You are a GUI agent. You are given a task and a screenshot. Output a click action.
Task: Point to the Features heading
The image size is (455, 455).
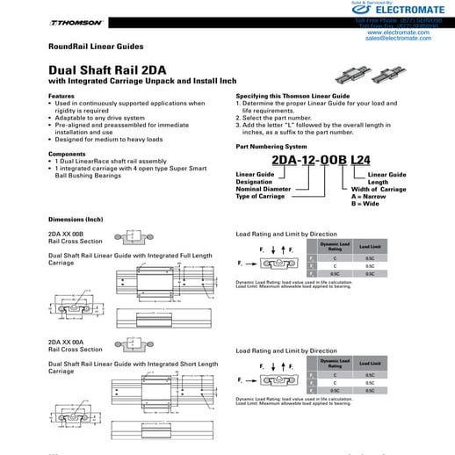coord(61,96)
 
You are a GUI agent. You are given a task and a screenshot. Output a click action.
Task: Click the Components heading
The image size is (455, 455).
coord(67,154)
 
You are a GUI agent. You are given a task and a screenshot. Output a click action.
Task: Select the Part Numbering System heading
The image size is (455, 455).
coord(274,146)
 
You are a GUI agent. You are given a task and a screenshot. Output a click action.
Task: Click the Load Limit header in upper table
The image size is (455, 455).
coord(370,249)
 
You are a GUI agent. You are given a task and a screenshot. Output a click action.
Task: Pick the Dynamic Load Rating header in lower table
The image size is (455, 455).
coord(335,362)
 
